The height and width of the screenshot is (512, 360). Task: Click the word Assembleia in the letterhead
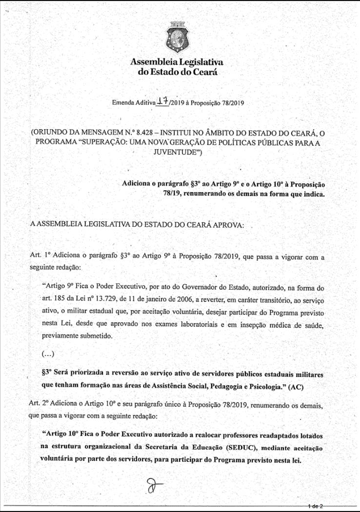[x=152, y=62]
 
